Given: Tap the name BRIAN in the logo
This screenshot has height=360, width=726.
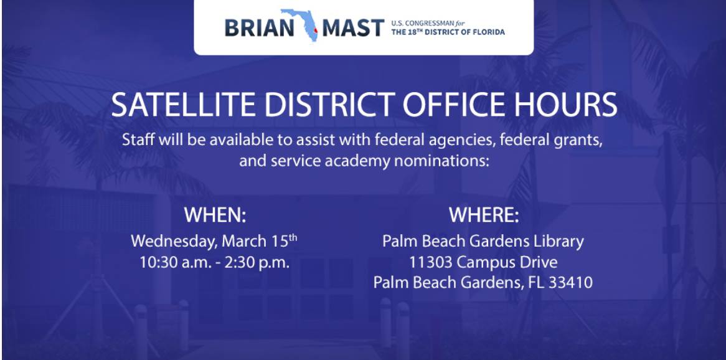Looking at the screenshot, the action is click(259, 28).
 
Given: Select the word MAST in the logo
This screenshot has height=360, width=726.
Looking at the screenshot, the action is click(353, 28).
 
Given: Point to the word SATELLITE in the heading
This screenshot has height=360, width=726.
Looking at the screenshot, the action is click(183, 105).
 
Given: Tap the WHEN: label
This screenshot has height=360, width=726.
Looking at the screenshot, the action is click(215, 215).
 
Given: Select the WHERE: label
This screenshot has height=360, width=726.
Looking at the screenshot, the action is click(484, 215).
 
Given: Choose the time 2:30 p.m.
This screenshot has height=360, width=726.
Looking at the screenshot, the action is click(257, 262).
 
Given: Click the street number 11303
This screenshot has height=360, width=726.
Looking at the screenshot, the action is click(431, 262).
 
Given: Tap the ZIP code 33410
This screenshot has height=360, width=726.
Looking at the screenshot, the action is click(570, 282).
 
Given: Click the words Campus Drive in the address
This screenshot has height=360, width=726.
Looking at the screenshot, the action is click(507, 263).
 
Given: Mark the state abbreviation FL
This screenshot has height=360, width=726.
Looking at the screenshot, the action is click(535, 282).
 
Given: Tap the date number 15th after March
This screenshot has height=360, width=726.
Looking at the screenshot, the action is click(284, 241).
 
